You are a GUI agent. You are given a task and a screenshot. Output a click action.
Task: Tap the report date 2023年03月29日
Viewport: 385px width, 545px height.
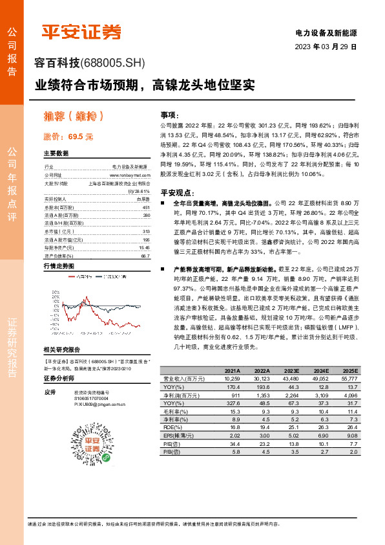point(326,47)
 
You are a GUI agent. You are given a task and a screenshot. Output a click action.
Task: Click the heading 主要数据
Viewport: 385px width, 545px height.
point(56,154)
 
